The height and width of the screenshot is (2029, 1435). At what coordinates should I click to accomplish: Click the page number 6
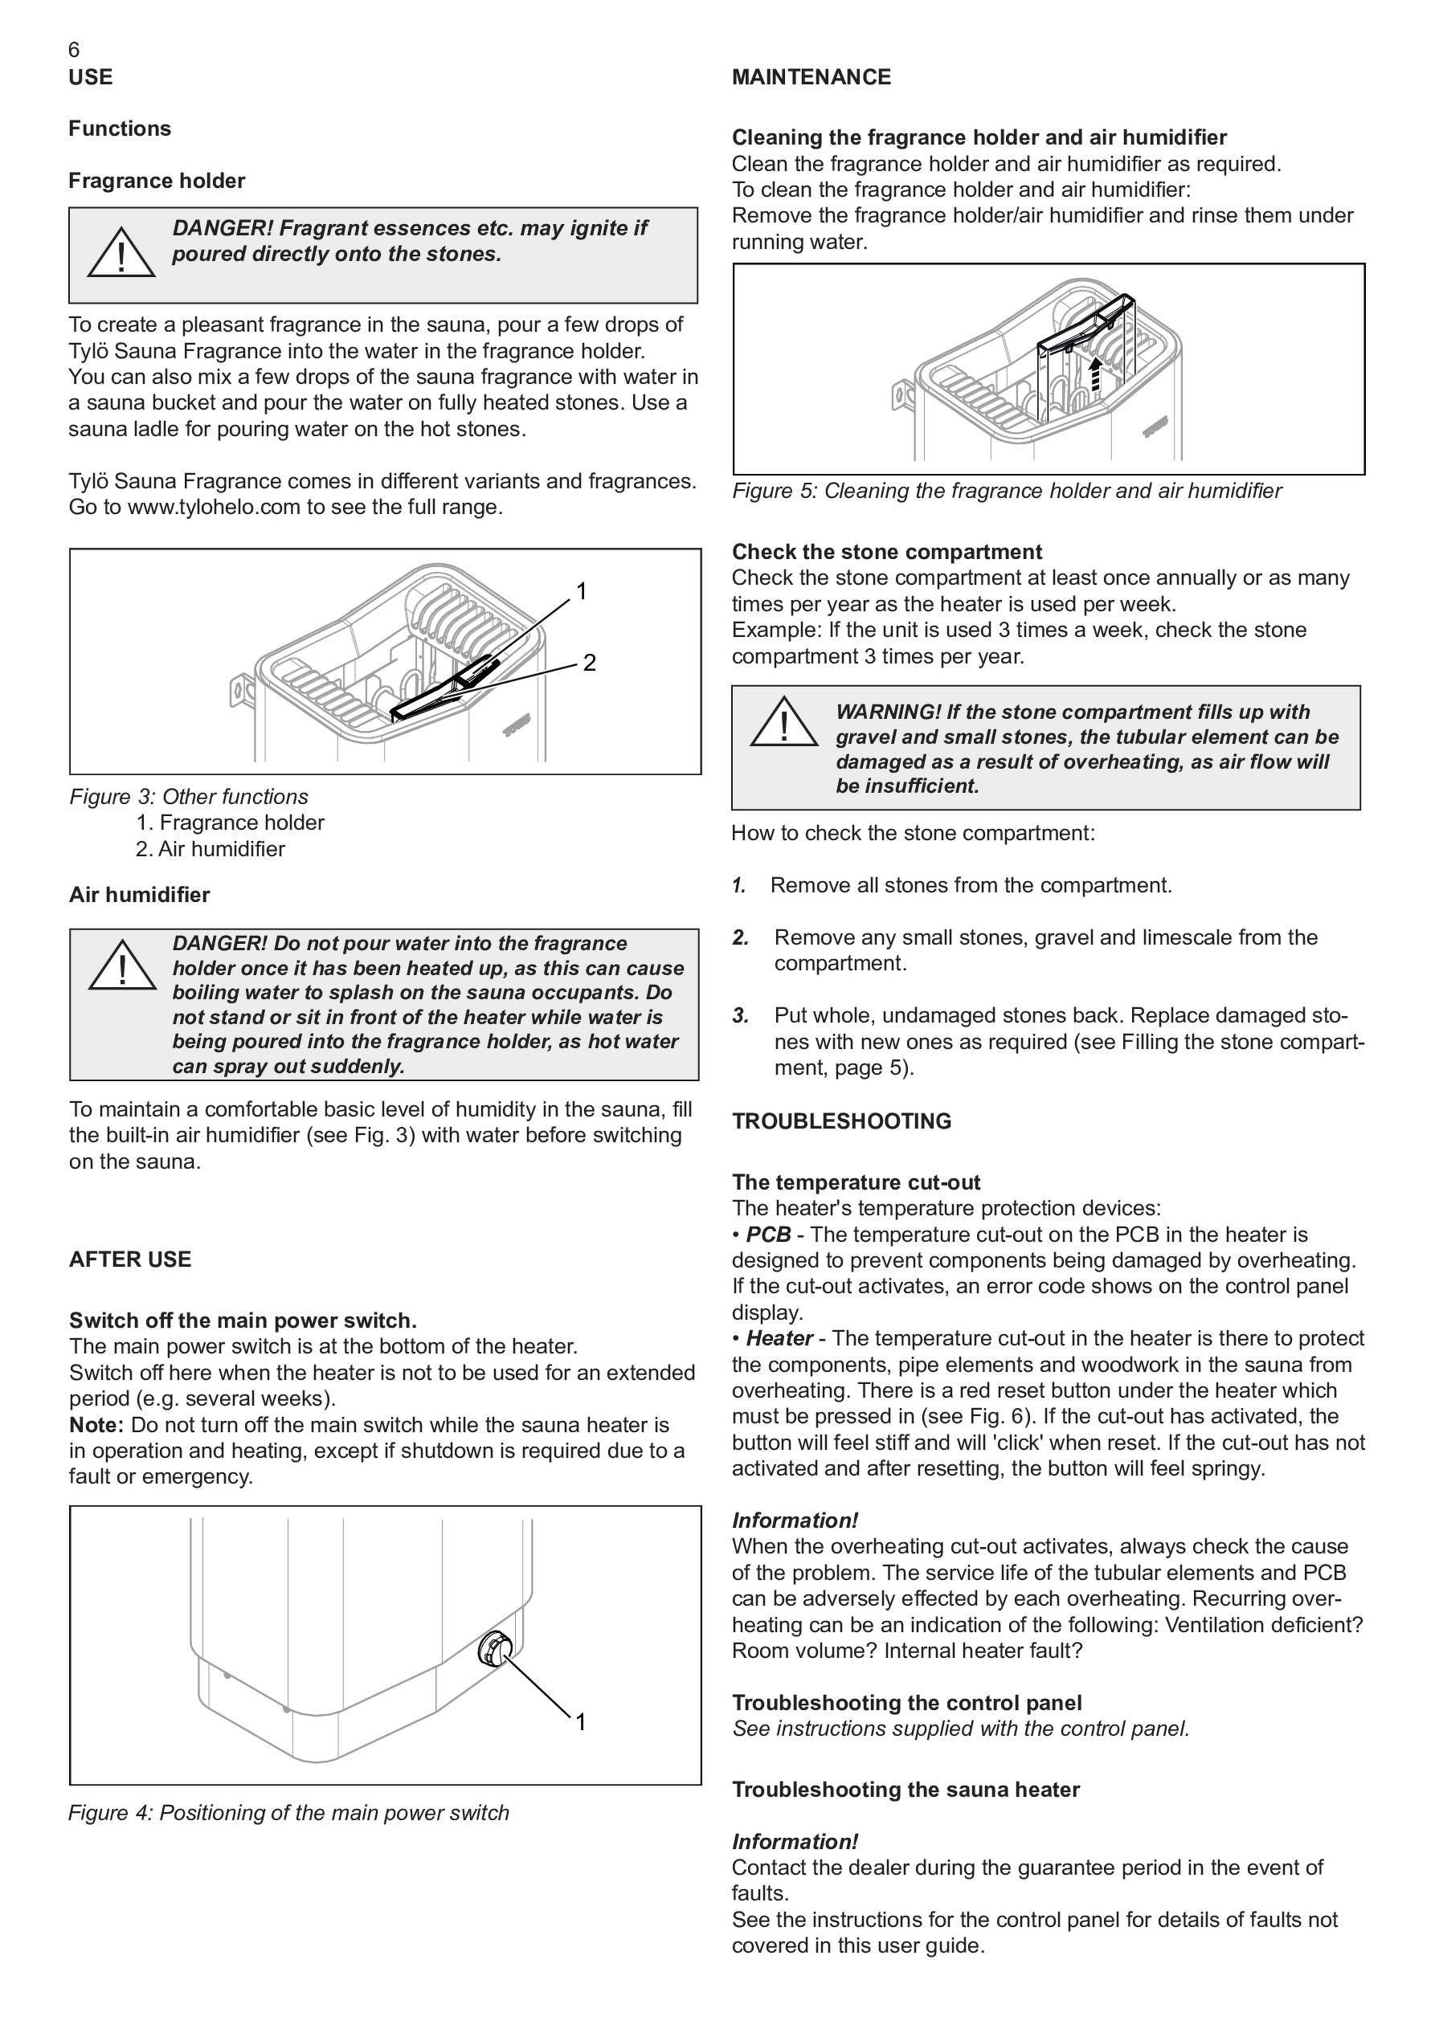(73, 51)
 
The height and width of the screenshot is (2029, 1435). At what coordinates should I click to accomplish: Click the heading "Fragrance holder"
(157, 182)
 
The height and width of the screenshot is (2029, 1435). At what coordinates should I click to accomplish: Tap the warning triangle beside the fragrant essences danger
(121, 254)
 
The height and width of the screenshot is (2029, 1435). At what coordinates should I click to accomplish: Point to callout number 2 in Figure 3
(590, 662)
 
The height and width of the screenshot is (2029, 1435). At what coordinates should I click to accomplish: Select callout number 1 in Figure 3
(582, 591)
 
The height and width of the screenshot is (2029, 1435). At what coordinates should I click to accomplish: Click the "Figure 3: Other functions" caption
(189, 797)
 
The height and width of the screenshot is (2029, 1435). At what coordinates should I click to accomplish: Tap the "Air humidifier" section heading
(140, 895)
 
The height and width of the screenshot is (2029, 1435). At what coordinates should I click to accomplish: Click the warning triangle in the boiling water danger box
(121, 967)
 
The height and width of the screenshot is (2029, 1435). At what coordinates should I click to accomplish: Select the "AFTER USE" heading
(130, 1259)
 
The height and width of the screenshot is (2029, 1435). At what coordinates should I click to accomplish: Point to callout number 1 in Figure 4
(581, 1722)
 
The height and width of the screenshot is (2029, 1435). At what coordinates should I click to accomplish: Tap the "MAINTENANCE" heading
(811, 78)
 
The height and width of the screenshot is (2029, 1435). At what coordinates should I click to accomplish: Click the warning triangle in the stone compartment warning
(784, 724)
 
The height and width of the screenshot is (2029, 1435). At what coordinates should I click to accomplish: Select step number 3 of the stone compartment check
(740, 1016)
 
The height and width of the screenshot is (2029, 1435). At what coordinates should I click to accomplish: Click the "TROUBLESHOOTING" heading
(841, 1121)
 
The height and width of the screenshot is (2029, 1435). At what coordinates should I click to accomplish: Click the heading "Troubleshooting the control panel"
(906, 1703)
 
